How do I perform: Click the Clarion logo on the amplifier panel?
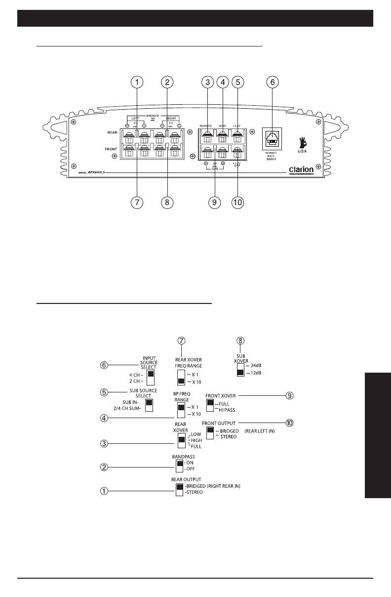click(x=302, y=170)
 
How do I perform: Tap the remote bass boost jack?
click(x=271, y=139)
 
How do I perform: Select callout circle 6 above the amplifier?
click(x=271, y=83)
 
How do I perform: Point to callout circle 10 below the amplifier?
click(x=237, y=202)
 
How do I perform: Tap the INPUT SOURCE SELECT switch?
click(x=151, y=378)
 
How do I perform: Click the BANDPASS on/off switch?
click(x=179, y=466)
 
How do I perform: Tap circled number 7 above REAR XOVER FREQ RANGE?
click(x=182, y=341)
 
